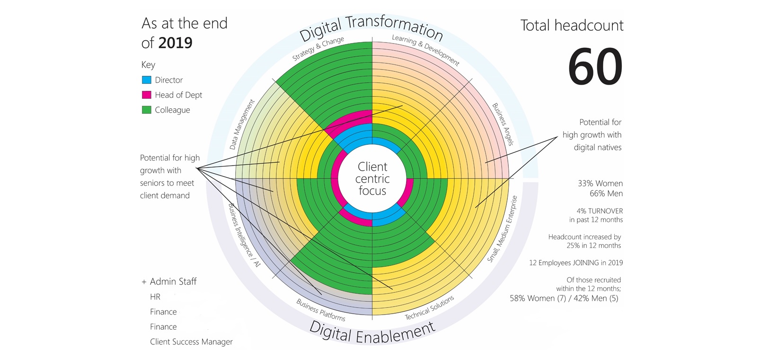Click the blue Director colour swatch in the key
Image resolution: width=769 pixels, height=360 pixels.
tap(146, 80)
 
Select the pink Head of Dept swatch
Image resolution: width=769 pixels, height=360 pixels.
tap(146, 95)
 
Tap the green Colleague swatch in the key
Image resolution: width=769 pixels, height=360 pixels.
tap(146, 110)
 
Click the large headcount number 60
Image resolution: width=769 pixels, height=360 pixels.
tap(595, 67)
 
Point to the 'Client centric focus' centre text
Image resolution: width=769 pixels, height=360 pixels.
tap(372, 179)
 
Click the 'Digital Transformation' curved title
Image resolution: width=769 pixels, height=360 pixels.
tap(371, 28)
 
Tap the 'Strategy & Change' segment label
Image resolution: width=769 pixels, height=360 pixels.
tap(318, 49)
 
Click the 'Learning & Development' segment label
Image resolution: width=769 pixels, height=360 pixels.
tap(425, 50)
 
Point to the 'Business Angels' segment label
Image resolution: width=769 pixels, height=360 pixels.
tap(503, 124)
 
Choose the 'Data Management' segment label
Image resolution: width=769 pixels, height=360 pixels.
tap(242, 124)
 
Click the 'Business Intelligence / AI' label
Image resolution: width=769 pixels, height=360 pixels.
tap(244, 235)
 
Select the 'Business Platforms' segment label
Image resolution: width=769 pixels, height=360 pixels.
tap(321, 310)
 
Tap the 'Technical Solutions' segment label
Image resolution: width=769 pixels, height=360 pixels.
tap(429, 307)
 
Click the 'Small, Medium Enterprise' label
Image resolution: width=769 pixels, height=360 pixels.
tap(503, 229)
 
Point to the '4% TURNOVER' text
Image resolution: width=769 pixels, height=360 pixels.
tap(600, 211)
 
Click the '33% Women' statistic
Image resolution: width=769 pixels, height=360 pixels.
tap(600, 184)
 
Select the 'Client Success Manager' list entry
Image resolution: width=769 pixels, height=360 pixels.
tap(191, 342)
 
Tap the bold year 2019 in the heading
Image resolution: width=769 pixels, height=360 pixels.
tap(175, 43)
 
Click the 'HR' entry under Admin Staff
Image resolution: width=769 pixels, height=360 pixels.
tap(155, 297)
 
